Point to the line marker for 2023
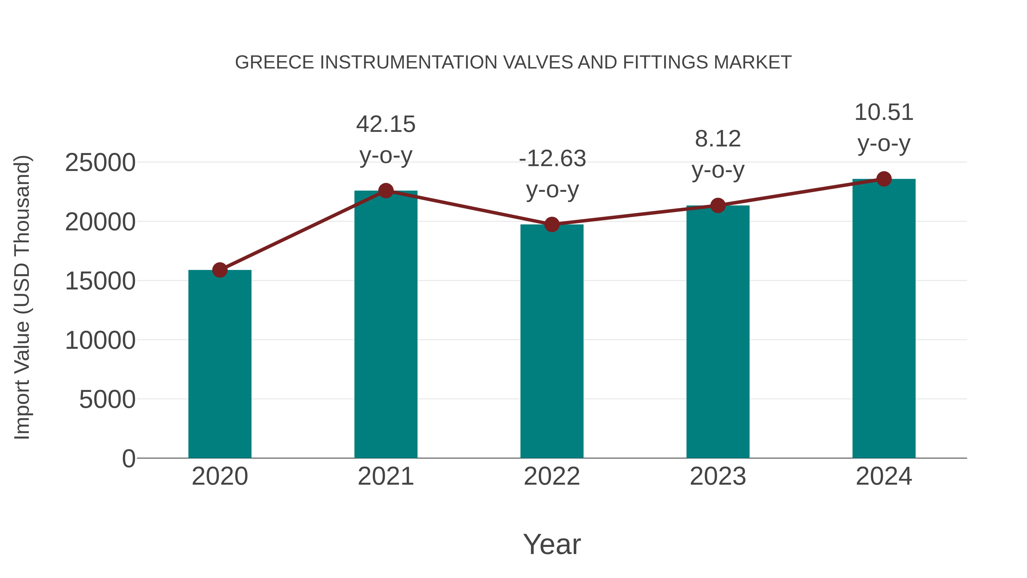[718, 206]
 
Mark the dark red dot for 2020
[220, 270]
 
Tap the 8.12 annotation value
[718, 139]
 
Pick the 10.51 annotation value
[884, 112]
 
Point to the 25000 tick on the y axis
[100, 163]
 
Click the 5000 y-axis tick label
[107, 399]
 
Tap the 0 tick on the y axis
[129, 458]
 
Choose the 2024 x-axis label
[884, 476]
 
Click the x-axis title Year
[552, 544]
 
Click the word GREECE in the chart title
[275, 63]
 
